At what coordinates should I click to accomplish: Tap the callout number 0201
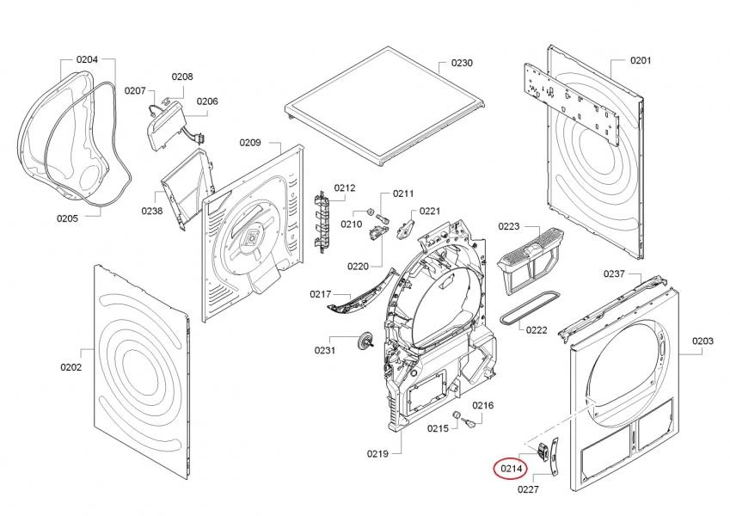[641, 60]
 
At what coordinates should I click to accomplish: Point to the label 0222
[537, 330]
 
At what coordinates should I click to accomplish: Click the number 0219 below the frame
[377, 453]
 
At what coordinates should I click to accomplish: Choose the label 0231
[325, 350]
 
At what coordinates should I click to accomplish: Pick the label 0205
[67, 218]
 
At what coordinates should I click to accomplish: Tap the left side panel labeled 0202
[138, 365]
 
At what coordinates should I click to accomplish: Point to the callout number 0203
[702, 341]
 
